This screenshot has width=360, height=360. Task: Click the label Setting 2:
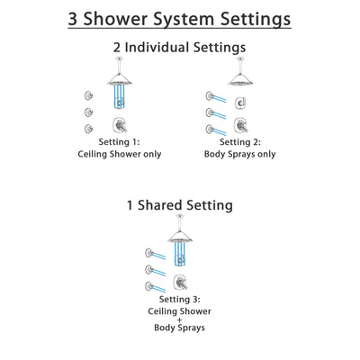241,142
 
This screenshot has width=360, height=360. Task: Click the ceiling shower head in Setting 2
241,80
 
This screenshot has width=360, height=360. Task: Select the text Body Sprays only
241,154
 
